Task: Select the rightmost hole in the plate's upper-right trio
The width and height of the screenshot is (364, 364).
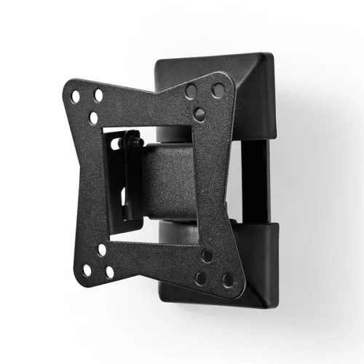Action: tap(218, 90)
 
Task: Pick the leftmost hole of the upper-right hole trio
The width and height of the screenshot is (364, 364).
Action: tap(191, 92)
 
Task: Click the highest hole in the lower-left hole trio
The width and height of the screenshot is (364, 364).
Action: tap(102, 250)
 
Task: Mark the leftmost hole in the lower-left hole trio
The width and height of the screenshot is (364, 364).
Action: tap(87, 270)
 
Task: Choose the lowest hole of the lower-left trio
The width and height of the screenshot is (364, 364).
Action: tap(110, 272)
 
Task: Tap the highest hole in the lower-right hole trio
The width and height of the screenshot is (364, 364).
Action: tap(207, 256)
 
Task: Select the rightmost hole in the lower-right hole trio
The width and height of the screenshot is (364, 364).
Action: tap(229, 280)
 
